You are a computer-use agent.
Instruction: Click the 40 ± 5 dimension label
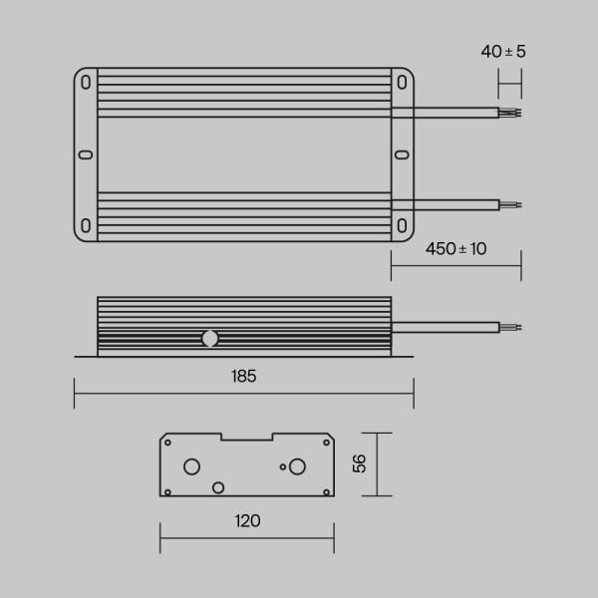click(502, 51)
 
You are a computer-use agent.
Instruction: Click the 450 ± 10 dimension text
click(455, 249)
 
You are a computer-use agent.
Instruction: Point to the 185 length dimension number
click(243, 376)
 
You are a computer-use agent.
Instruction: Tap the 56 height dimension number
click(360, 463)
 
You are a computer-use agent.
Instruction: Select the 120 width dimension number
click(247, 520)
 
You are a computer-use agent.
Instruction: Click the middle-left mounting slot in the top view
click(85, 154)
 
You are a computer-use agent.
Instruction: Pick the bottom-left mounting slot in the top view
click(87, 225)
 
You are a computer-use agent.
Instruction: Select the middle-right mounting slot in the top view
click(402, 154)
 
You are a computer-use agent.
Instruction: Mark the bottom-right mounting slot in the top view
click(402, 225)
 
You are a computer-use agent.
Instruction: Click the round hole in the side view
click(209, 338)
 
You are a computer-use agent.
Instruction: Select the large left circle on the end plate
click(192, 466)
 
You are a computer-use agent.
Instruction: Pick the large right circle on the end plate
click(297, 466)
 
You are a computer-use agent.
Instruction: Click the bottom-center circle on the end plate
click(218, 486)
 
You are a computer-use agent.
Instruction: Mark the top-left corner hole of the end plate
click(168, 442)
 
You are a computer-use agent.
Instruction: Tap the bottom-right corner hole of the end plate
click(326, 490)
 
